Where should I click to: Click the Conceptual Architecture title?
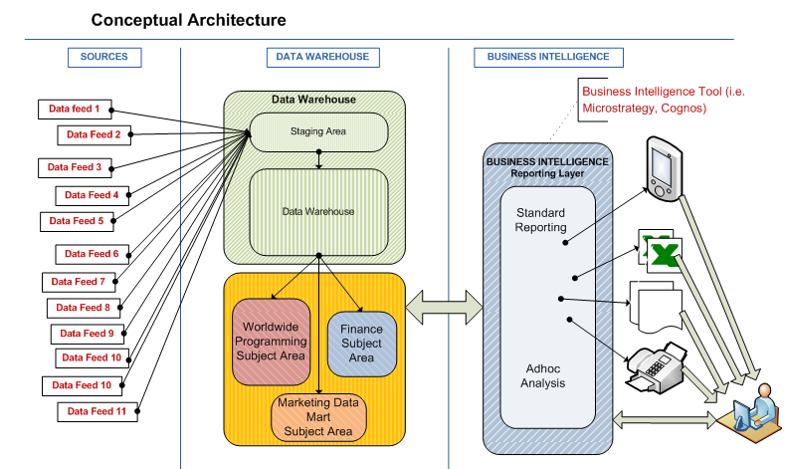(x=188, y=20)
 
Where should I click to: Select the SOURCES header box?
(x=103, y=57)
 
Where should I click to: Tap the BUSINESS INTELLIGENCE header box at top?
(x=548, y=57)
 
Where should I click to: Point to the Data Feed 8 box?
(x=83, y=308)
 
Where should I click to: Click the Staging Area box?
(x=317, y=131)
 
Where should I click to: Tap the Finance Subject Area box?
(x=361, y=344)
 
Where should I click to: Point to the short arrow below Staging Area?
(x=318, y=159)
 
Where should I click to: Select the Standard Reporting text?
(x=540, y=220)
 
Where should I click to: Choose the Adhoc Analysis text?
(x=543, y=375)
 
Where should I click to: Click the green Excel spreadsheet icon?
(x=657, y=250)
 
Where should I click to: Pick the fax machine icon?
(x=651, y=367)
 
